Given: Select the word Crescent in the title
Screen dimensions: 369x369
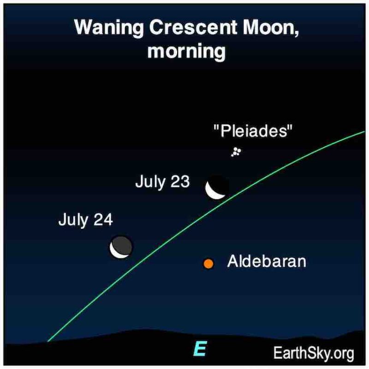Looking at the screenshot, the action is click(193, 27).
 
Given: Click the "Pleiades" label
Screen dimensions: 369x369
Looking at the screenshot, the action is click(253, 131).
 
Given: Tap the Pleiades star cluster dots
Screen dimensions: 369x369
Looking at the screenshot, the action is click(236, 152).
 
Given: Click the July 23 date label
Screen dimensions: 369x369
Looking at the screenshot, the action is click(162, 182).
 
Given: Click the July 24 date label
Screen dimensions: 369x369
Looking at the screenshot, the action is click(86, 220).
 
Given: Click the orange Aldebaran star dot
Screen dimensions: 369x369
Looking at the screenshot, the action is click(208, 263).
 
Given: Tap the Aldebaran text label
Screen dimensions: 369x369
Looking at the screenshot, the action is click(267, 261).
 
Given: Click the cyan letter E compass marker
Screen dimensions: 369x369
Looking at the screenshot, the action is click(201, 349).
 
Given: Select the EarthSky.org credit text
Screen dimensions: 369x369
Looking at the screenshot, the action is click(314, 353).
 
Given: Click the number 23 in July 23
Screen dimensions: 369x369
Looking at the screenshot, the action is click(180, 182).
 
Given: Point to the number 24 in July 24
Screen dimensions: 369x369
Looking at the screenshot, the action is click(103, 220).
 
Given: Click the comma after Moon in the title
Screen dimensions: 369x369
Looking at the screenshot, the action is click(296, 33).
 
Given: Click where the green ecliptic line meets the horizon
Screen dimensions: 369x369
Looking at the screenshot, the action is click(48, 341).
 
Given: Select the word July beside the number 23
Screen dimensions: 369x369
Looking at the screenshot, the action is click(150, 182).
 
